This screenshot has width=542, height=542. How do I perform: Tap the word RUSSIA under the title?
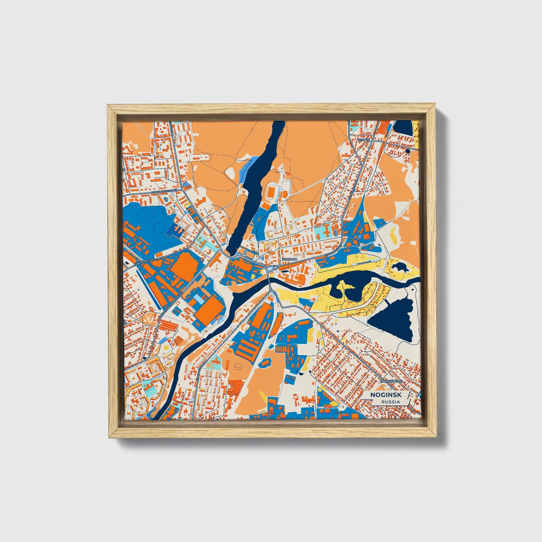(390, 402)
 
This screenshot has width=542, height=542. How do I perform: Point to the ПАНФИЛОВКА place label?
(391, 381)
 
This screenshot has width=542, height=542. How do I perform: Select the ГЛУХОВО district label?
(289, 259)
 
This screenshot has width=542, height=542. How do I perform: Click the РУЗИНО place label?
(364, 140)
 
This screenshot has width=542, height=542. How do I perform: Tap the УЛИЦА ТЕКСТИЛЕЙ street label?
(164, 192)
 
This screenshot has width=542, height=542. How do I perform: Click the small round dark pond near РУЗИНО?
(407, 151)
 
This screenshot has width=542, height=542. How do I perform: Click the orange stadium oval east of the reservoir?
(271, 192)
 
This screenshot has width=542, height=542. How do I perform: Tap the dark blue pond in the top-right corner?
(403, 128)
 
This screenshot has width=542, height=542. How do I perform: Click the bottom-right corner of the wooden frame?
(437, 438)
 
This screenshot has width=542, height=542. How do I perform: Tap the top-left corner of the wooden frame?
(108, 105)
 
